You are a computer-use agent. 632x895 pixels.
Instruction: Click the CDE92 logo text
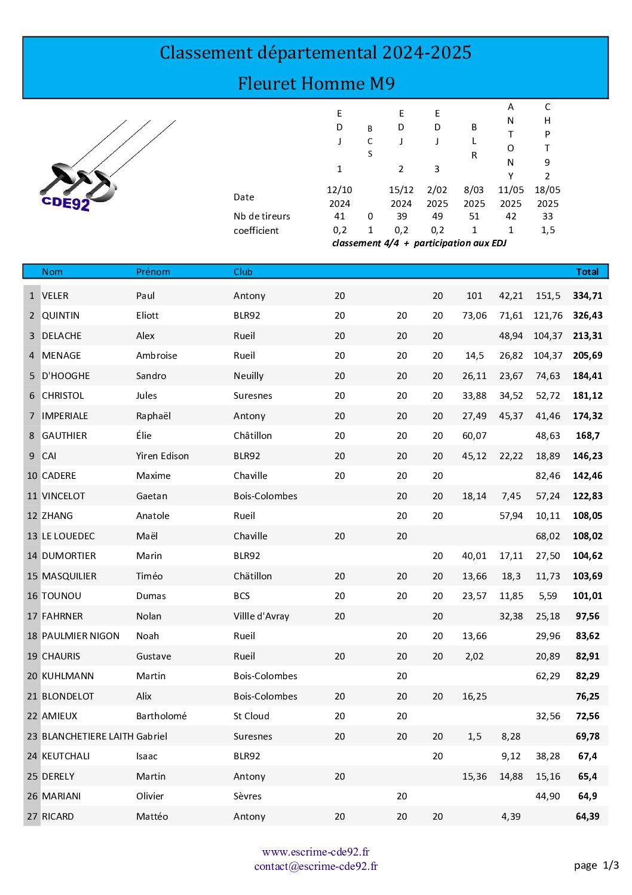click(66, 203)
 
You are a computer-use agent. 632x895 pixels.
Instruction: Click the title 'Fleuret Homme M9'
click(316, 83)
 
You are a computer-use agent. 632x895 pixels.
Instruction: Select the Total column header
click(587, 271)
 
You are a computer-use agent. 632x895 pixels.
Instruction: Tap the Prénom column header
click(153, 271)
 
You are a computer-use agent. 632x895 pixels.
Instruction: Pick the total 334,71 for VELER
click(588, 295)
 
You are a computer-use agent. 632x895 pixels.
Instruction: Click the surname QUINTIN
click(60, 315)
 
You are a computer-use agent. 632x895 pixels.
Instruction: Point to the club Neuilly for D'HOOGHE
click(248, 375)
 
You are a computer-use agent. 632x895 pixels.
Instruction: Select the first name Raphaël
click(154, 416)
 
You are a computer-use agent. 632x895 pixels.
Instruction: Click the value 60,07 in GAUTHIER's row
click(474, 435)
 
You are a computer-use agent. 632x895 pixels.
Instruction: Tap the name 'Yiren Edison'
click(162, 456)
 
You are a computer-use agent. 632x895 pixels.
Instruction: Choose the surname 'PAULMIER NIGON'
click(81, 636)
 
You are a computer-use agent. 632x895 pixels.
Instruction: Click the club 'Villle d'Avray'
click(261, 616)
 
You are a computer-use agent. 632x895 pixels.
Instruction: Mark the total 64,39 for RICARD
click(588, 816)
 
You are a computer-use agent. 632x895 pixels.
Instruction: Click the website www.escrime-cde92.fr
click(315, 851)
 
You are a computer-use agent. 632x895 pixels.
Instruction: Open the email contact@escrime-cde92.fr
click(315, 866)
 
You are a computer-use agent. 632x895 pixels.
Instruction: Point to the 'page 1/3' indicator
click(596, 865)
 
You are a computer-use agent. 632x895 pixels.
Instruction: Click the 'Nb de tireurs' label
click(262, 216)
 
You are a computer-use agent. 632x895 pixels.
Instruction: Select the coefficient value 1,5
click(548, 230)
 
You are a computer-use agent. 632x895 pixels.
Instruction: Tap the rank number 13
click(32, 536)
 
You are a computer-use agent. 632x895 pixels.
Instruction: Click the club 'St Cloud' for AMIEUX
click(251, 716)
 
